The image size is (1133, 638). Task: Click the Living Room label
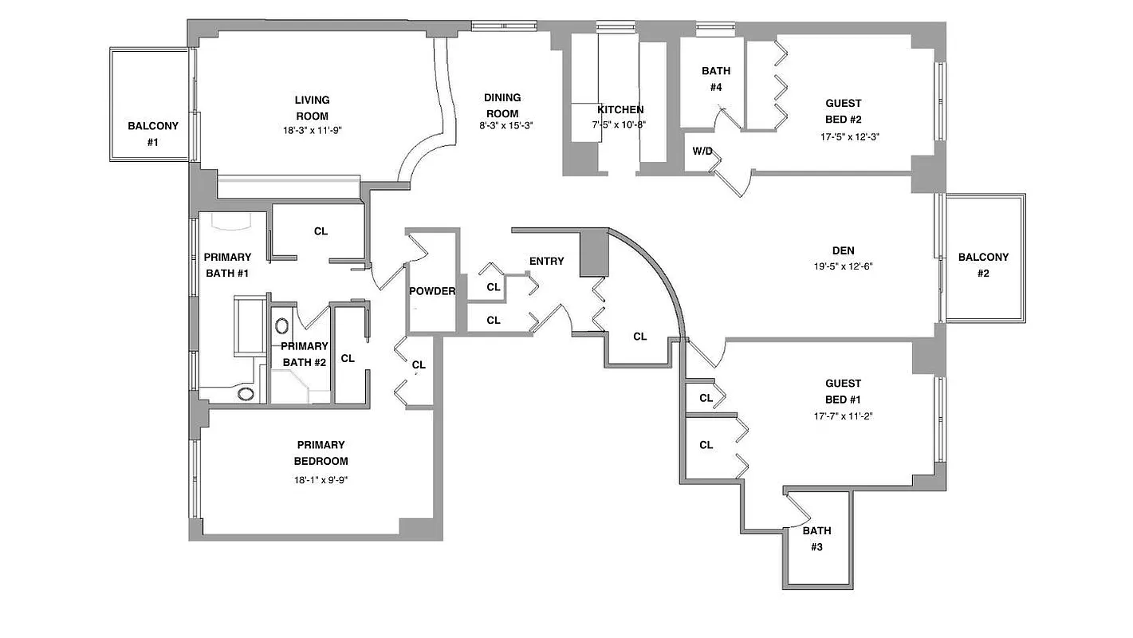[x=312, y=108]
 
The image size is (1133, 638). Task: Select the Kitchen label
[x=620, y=109]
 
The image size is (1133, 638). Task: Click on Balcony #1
[x=152, y=133]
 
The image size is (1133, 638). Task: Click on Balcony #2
[x=982, y=265]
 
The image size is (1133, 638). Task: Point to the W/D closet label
[x=702, y=151]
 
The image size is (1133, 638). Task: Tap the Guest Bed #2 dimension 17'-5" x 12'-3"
[x=843, y=136]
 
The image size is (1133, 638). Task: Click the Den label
[x=843, y=250]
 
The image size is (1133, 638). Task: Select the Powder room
[x=432, y=291]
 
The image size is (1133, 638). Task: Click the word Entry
[x=546, y=261]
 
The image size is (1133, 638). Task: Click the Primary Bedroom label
[x=321, y=453]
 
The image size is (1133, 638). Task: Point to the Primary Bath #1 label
[x=226, y=265]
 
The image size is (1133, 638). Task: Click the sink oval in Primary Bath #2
[x=282, y=325]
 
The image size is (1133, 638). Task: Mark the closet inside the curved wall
[x=639, y=337]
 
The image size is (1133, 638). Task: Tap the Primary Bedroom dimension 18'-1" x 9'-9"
[x=321, y=480]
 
